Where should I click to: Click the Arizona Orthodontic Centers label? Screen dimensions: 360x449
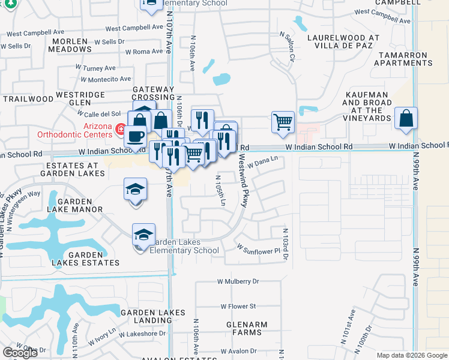point(74,130)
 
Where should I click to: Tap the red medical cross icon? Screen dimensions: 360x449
point(121,129)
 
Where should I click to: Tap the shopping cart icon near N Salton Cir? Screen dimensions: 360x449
point(283,122)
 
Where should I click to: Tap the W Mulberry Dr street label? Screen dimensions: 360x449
point(238,281)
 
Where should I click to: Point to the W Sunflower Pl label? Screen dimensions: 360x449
point(258,249)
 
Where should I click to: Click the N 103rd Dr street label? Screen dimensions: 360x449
point(286,240)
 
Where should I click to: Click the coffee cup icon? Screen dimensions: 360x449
point(137,136)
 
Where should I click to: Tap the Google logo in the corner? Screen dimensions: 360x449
point(20,353)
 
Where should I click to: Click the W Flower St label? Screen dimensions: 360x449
point(239,306)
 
